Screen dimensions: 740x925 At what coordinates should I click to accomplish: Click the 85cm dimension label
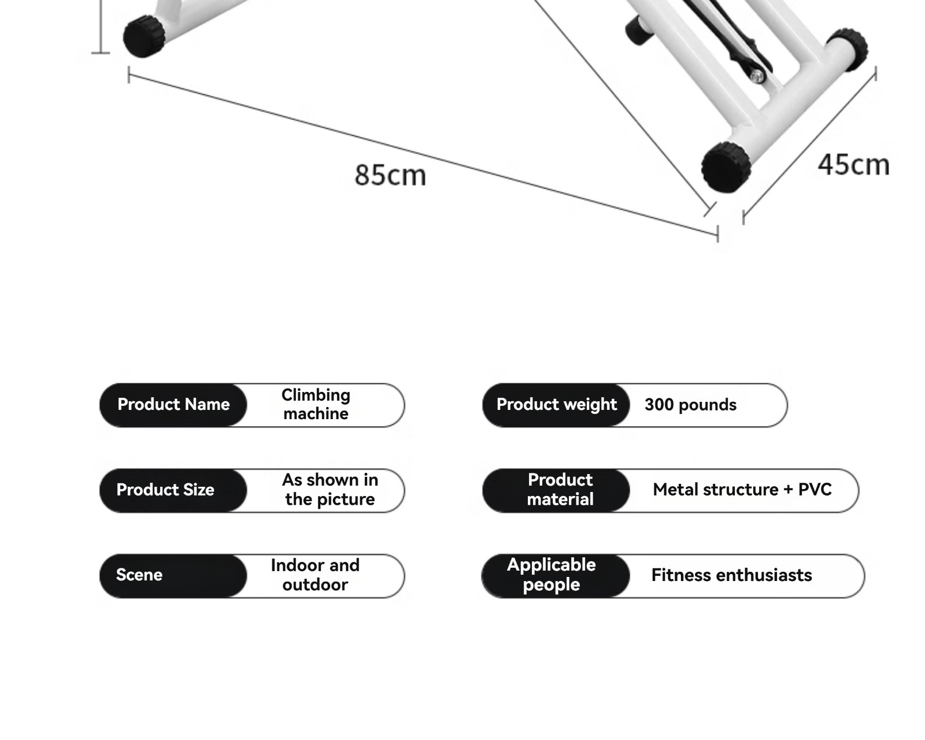point(390,175)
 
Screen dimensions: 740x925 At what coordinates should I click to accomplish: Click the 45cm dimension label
point(853,165)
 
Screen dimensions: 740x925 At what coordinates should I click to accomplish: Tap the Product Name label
point(173,404)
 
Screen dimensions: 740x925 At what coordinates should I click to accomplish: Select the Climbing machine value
point(316,404)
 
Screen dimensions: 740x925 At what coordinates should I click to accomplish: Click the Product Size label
point(165,490)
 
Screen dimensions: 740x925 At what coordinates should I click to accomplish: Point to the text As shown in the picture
point(330,490)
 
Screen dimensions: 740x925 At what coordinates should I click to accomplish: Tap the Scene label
point(139,575)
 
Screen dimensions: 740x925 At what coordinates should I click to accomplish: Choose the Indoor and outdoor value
point(315,575)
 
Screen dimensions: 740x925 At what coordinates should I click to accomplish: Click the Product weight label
point(556,404)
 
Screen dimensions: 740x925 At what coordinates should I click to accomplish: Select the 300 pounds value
point(690,405)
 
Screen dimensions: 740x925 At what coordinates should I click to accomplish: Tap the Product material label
point(560,490)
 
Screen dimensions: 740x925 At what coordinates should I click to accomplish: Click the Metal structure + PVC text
point(742,490)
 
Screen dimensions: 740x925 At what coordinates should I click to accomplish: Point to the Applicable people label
point(552,575)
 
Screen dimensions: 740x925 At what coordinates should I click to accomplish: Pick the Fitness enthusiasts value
point(731,575)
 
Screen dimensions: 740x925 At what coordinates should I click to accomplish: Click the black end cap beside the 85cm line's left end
point(144,36)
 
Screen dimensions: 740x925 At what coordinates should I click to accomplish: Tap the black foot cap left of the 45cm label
point(726,167)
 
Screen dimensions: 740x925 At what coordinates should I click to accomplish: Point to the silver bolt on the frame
point(757,75)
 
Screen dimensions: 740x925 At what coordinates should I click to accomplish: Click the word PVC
point(815,490)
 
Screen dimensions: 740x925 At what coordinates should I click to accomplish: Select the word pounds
point(708,405)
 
